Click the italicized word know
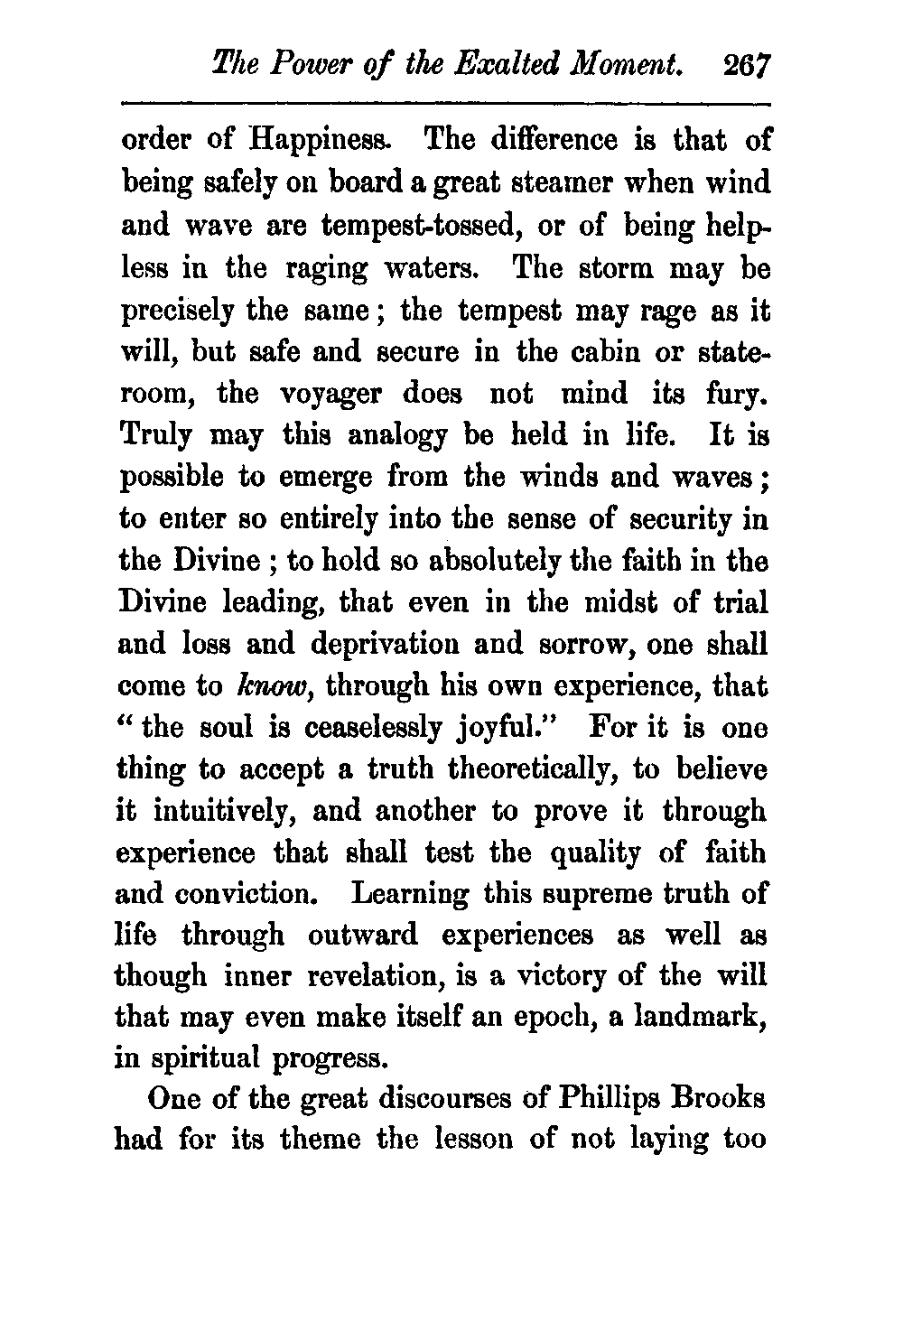pos(260,687)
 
